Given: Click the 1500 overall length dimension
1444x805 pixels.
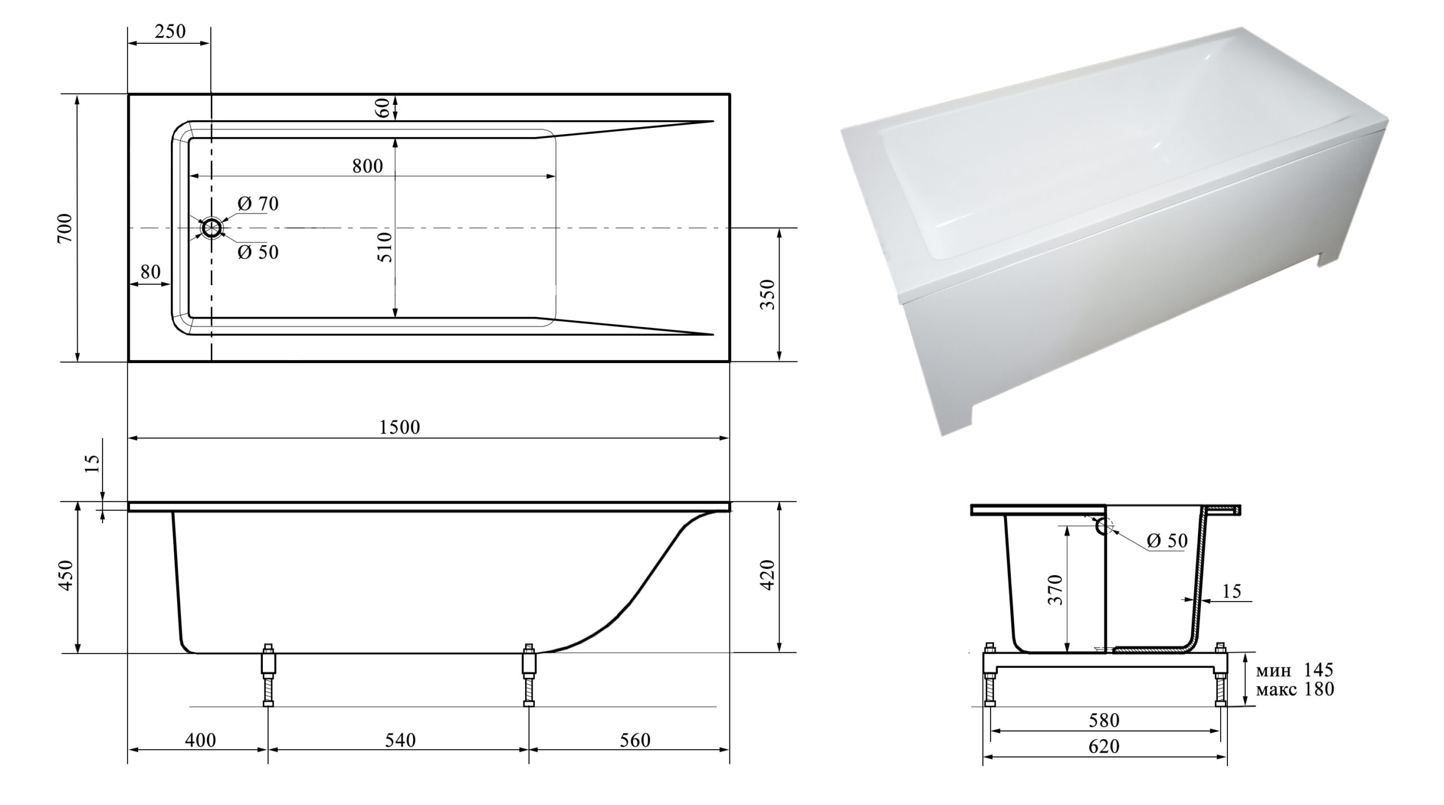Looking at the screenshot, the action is pyautogui.click(x=399, y=427).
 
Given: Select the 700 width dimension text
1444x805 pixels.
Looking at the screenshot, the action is pyautogui.click(x=65, y=228).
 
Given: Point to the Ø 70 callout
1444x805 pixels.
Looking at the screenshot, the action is pyautogui.click(x=258, y=204).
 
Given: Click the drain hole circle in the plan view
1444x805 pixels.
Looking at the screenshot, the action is pyautogui.click(x=212, y=228).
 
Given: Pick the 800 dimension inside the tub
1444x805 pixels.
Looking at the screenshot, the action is pyautogui.click(x=367, y=166).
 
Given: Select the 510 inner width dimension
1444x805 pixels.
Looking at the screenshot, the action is pyautogui.click(x=386, y=247).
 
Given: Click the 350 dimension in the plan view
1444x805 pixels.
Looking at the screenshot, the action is pyautogui.click(x=768, y=294).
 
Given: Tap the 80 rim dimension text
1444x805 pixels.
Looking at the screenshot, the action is pyautogui.click(x=151, y=272).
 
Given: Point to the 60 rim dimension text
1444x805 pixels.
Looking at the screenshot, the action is pyautogui.click(x=382, y=108).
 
